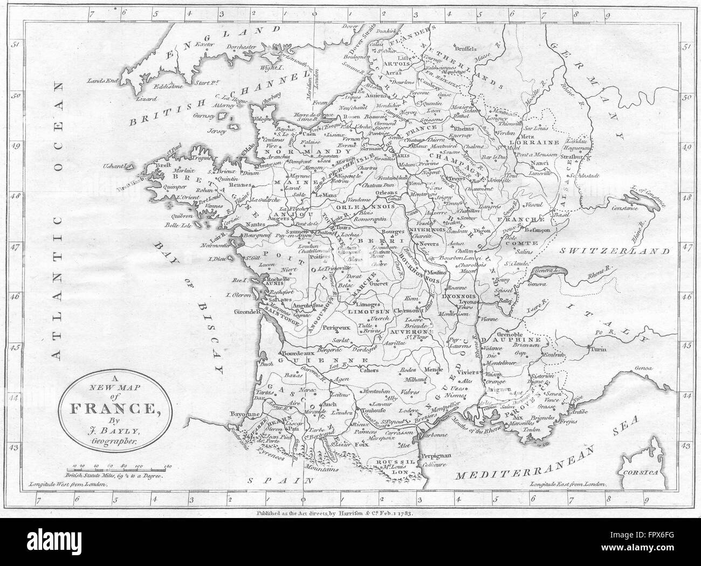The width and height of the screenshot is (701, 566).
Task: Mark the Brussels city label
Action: pos(466,47)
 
